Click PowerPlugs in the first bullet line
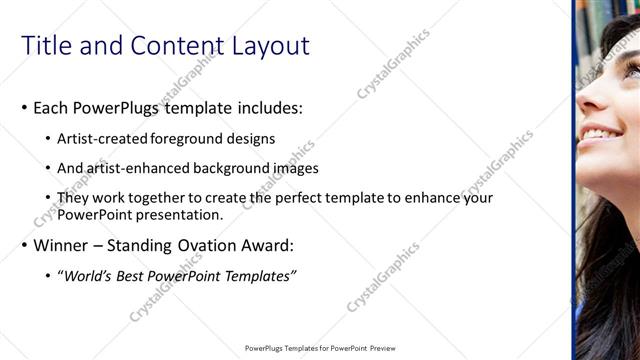(x=119, y=107)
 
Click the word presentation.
(x=179, y=214)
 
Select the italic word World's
(x=85, y=275)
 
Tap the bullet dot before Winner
(x=24, y=246)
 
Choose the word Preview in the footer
(x=383, y=349)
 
